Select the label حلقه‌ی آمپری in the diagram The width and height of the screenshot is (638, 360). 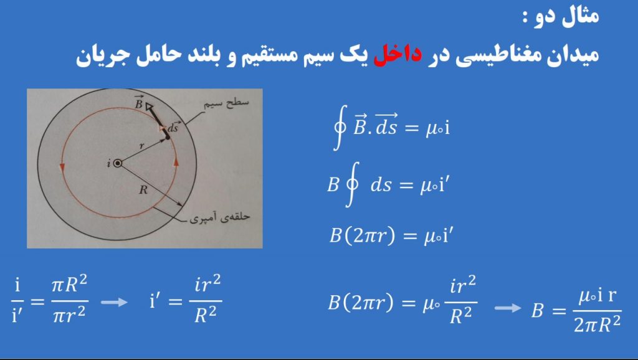click(x=220, y=217)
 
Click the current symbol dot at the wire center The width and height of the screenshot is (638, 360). click(x=118, y=163)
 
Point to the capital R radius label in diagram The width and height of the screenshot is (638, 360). click(x=143, y=190)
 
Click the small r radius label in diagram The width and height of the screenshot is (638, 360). click(x=141, y=146)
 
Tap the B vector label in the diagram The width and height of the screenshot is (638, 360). click(x=139, y=103)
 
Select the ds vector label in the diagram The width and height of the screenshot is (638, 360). click(x=173, y=127)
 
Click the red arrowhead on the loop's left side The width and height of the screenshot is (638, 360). click(x=62, y=167)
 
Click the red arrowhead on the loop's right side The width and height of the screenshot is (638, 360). click(x=176, y=161)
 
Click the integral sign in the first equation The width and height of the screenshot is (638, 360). click(x=340, y=128)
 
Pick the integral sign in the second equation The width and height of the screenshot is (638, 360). click(x=353, y=185)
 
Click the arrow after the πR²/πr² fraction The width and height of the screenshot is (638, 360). click(x=114, y=302)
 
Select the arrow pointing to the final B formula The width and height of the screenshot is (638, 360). click(x=508, y=308)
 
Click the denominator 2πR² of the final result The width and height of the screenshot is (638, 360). click(x=598, y=324)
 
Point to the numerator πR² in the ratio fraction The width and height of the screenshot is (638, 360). click(x=70, y=285)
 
